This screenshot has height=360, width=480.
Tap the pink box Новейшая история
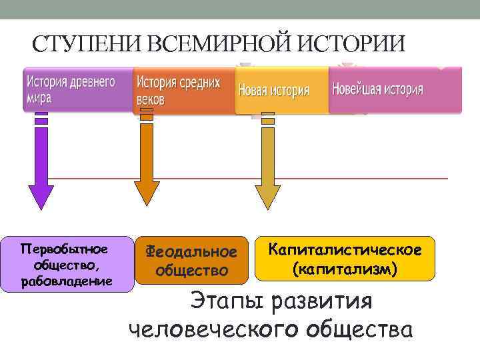point(393,89)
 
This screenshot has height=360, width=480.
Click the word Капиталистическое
point(345,250)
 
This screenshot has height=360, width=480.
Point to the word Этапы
point(223,301)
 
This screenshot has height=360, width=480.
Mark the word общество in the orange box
point(191,271)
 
